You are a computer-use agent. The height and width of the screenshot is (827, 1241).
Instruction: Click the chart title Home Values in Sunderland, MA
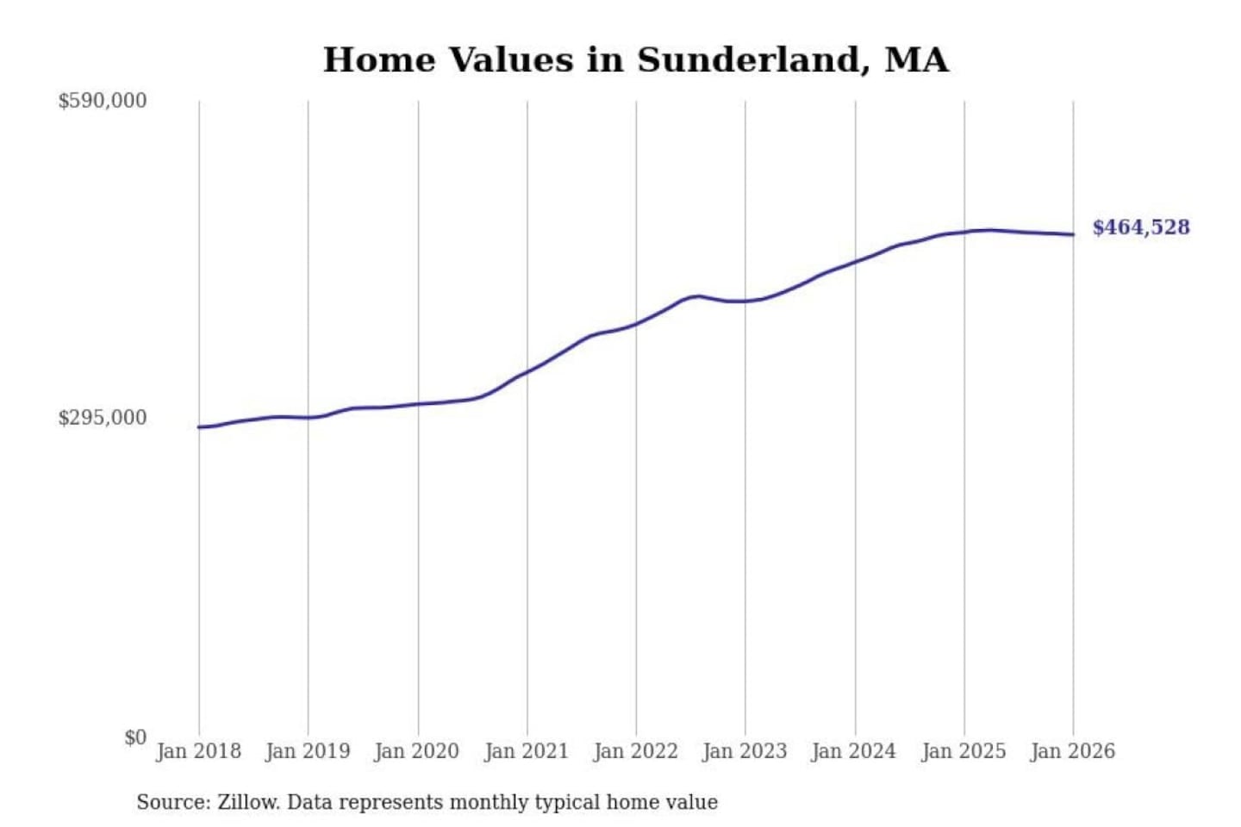click(636, 60)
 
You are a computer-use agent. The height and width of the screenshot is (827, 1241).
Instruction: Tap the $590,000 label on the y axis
click(103, 101)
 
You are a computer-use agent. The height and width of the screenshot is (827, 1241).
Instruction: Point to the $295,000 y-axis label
click(103, 418)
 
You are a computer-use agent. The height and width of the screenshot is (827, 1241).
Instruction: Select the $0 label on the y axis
click(135, 737)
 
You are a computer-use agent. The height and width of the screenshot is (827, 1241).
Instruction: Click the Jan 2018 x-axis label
click(198, 751)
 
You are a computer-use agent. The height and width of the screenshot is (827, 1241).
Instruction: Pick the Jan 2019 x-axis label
click(308, 751)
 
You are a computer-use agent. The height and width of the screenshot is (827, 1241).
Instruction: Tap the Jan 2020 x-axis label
click(417, 751)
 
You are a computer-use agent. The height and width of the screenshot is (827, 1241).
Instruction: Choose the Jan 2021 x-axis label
click(527, 751)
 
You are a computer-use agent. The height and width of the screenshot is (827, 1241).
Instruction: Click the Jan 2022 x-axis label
click(636, 751)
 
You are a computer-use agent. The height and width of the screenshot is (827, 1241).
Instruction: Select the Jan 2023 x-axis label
click(745, 751)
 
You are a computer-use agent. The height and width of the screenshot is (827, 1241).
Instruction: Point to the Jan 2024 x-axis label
click(854, 751)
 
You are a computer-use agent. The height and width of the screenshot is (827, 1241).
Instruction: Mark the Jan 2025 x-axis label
click(963, 751)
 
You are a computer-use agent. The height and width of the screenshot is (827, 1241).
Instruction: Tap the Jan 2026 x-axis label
click(1073, 751)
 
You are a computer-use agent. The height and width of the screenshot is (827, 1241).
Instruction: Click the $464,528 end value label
click(1141, 227)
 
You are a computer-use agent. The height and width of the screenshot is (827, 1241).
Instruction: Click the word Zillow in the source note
click(247, 803)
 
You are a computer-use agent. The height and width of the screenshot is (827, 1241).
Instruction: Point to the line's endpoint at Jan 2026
click(1073, 234)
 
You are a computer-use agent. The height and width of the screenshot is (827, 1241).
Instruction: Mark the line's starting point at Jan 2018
click(199, 427)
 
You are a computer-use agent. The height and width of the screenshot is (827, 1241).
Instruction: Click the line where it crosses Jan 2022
click(637, 324)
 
